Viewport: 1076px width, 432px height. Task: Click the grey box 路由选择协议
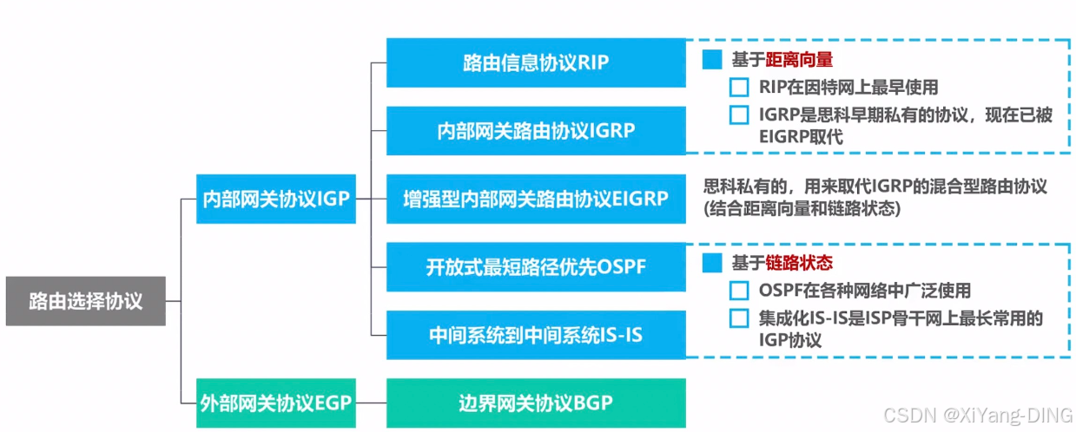pyautogui.click(x=85, y=301)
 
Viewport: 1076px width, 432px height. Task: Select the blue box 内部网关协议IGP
pyautogui.click(x=275, y=199)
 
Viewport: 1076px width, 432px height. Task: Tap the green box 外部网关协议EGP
pyautogui.click(x=275, y=403)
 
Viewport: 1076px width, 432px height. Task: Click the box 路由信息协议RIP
pyautogui.click(x=536, y=62)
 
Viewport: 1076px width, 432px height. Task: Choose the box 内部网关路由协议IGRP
pyautogui.click(x=536, y=130)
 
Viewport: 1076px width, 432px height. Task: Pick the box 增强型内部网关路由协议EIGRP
pyautogui.click(x=536, y=199)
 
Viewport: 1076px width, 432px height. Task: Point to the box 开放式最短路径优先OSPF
pyautogui.click(x=536, y=266)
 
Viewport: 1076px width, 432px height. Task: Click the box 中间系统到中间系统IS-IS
pyautogui.click(x=536, y=334)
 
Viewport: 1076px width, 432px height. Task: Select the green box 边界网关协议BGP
pyautogui.click(x=536, y=403)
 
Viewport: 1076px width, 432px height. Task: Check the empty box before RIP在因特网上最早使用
pyautogui.click(x=739, y=87)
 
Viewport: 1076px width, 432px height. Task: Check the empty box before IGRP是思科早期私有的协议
pyautogui.click(x=739, y=115)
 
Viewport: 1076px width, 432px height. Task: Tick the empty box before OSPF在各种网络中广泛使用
pyautogui.click(x=739, y=291)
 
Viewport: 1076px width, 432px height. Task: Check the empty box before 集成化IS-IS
pyautogui.click(x=739, y=318)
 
